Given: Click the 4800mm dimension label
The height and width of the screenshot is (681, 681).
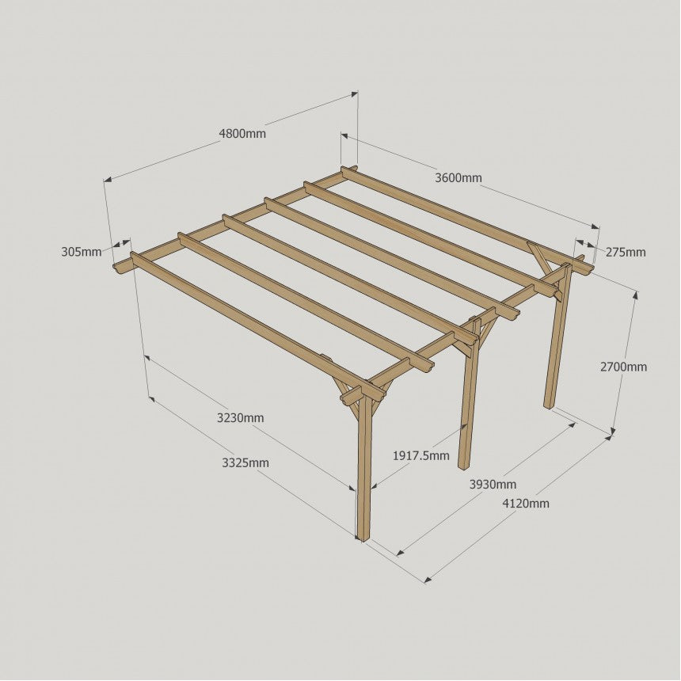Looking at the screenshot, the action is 242,133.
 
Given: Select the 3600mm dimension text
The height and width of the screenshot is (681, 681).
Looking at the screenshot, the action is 458,177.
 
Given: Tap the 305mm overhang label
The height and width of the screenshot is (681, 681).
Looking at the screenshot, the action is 82,252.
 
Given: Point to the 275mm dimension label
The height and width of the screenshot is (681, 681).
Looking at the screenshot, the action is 626,252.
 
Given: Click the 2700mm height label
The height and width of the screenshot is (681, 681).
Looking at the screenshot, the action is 623,367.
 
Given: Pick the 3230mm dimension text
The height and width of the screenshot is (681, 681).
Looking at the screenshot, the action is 240,418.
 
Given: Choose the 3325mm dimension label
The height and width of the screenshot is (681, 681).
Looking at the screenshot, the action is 245,463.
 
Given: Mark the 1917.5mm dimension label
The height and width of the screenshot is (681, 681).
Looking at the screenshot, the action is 420,455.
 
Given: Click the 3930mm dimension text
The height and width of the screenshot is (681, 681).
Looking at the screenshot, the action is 493,484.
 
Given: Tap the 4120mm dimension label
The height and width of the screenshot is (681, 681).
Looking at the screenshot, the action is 526,504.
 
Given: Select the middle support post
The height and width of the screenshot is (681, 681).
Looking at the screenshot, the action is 469,394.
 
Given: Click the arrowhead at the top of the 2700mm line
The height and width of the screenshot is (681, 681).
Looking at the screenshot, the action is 636,295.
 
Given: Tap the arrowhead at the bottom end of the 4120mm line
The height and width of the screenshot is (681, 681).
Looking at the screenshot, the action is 428,579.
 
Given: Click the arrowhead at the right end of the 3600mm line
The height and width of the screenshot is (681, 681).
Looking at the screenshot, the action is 595,226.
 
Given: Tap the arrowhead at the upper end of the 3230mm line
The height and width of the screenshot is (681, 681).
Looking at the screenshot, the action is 147,358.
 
